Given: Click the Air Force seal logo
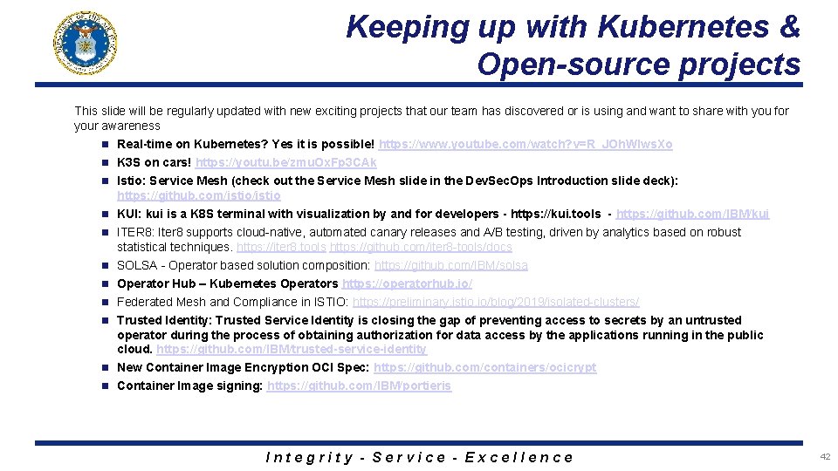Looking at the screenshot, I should tap(86, 43).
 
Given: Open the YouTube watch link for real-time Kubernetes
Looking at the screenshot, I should tap(525, 144).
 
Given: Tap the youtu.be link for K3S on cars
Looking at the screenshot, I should tap(286, 162).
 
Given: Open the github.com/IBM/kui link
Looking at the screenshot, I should tap(693, 214).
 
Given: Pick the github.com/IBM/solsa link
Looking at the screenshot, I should tap(450, 265).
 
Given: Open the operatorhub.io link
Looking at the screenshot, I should tap(408, 283).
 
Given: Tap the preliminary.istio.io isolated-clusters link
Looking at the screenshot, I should tap(495, 302).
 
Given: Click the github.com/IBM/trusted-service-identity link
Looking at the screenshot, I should tap(292, 349).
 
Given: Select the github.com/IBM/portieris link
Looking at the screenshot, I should tap(360, 386).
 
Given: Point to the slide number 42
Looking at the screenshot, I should tap(825, 456).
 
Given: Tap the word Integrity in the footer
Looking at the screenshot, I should tap(309, 457).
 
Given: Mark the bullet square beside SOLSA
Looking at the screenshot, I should tap(103, 265).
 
